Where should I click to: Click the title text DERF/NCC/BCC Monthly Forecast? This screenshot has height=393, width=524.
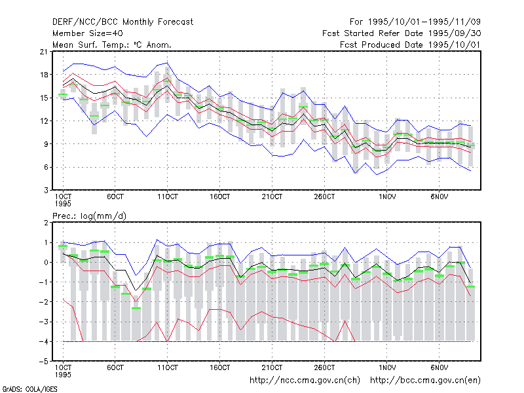pos(122,22)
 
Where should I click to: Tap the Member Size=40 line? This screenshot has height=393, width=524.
pos(88,33)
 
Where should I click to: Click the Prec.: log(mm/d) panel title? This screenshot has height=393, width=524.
pos(89,216)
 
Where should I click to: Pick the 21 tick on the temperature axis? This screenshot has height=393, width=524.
pos(44,52)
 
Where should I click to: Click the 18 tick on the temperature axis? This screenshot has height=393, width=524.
pos(44,75)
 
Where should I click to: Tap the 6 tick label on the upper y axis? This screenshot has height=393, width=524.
pos(46,168)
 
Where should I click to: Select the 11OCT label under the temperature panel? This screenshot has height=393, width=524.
pos(168,197)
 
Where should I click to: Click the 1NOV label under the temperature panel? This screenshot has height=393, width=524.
pos(387,197)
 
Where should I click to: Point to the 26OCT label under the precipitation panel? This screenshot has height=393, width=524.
pos(324,368)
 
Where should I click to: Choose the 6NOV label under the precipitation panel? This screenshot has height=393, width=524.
pos(439,368)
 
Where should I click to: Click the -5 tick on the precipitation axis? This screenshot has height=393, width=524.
pos(44,362)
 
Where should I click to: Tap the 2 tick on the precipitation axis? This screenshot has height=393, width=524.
pos(46,223)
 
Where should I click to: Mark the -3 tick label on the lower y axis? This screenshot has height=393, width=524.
pos(44,322)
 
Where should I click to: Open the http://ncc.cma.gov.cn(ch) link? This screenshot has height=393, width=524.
pos(305,381)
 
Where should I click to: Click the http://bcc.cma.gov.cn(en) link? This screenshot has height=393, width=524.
pos(425,381)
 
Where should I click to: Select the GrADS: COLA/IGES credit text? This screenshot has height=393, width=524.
pos(29,389)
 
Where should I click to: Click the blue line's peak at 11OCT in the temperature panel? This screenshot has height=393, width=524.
pos(168,62)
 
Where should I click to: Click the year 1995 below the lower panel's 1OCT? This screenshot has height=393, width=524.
pos(63,375)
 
